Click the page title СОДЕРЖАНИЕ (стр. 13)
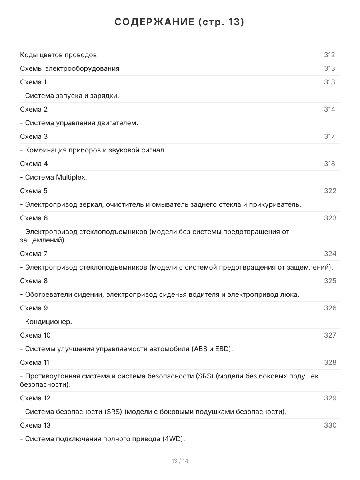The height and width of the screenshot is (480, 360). pyautogui.click(x=180, y=22)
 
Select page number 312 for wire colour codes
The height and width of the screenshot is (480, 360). pyautogui.click(x=329, y=55)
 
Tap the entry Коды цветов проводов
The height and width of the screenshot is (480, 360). pyautogui.click(x=58, y=55)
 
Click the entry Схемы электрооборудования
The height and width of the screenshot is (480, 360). pyautogui.click(x=70, y=68)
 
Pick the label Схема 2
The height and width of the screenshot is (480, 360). pyautogui.click(x=34, y=109)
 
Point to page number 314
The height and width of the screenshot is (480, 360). pyautogui.click(x=329, y=109)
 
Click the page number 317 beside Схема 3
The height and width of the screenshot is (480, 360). pyautogui.click(x=329, y=136)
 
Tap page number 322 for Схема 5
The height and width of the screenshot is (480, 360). pyautogui.click(x=330, y=191)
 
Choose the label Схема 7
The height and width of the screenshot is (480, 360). pyautogui.click(x=34, y=254)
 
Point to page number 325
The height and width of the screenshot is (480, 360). pyautogui.click(x=330, y=281)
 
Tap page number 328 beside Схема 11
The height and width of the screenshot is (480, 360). pyautogui.click(x=330, y=362)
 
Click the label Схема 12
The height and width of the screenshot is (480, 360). pyautogui.click(x=35, y=398)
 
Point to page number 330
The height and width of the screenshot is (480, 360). pyautogui.click(x=330, y=425)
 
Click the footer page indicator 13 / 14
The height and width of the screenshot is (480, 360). pyautogui.click(x=180, y=461)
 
